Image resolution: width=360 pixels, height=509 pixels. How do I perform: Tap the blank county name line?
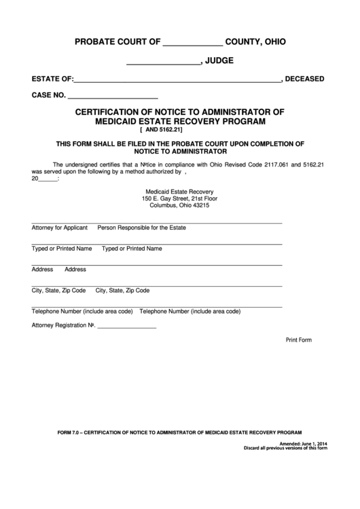193,44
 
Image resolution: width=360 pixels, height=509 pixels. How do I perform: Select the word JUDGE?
219,60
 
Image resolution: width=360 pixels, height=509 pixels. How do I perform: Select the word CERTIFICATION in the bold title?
112,111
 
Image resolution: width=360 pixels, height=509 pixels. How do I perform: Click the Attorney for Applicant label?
60,228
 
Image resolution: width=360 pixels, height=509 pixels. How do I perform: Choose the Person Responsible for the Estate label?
142,228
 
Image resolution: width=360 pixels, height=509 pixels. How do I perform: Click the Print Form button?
298,340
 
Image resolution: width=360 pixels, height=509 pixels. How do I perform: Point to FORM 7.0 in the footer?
69,432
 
